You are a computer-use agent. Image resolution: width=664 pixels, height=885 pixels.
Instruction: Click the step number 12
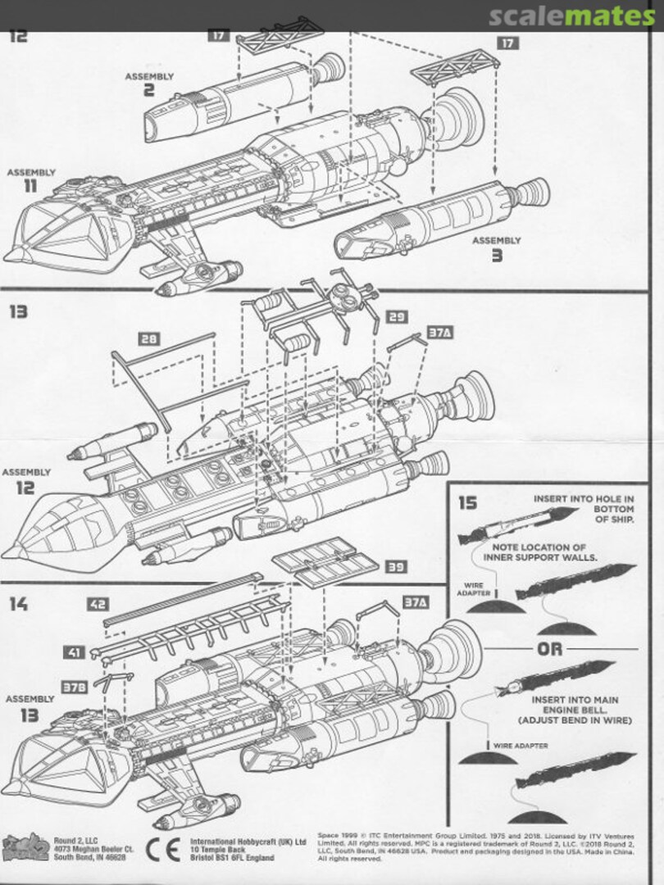19,36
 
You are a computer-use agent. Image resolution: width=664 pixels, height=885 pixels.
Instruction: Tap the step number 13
19,311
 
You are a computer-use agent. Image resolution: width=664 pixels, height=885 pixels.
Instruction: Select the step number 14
19,604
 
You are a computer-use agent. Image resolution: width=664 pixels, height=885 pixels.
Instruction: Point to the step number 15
467,502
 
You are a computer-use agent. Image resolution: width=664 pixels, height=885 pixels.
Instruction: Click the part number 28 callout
149,338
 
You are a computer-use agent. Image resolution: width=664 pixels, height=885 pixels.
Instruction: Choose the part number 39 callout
396,567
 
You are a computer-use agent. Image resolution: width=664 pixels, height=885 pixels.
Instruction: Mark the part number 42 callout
98,605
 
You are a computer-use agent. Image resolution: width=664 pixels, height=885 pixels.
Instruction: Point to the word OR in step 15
550,649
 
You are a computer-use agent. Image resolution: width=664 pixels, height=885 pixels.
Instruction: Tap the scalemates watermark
573,16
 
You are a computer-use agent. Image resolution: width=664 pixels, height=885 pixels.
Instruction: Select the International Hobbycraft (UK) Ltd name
248,841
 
